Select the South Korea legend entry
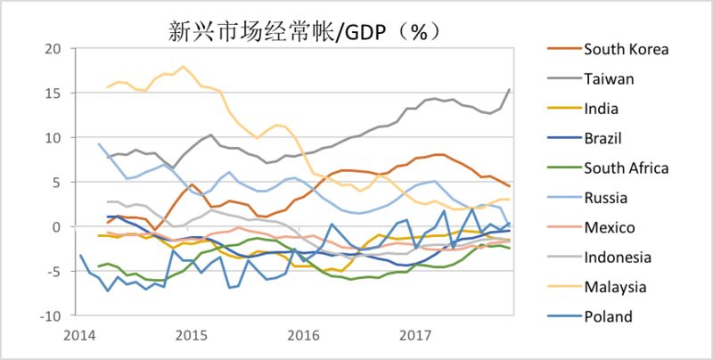625,48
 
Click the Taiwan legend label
608,78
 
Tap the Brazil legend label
603,138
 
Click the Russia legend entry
605,199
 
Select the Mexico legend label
608,228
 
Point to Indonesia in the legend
616,258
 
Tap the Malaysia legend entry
614,288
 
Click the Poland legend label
608,317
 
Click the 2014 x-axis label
80,337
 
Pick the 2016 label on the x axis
304,337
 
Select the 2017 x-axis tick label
415,337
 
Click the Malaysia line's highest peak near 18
184,67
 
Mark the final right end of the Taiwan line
510,89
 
